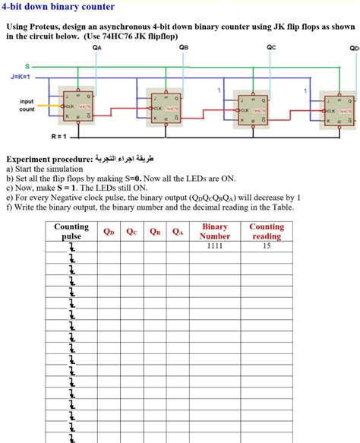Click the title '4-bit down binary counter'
(58, 7)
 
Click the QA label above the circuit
(96, 47)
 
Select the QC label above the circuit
(272, 47)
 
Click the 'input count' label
(27, 106)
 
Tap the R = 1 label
(58, 137)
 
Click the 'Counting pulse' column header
(71, 231)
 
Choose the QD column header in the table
(109, 231)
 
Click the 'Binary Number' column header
(215, 231)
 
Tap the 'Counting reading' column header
(267, 231)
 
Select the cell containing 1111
(215, 246)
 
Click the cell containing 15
(267, 246)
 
